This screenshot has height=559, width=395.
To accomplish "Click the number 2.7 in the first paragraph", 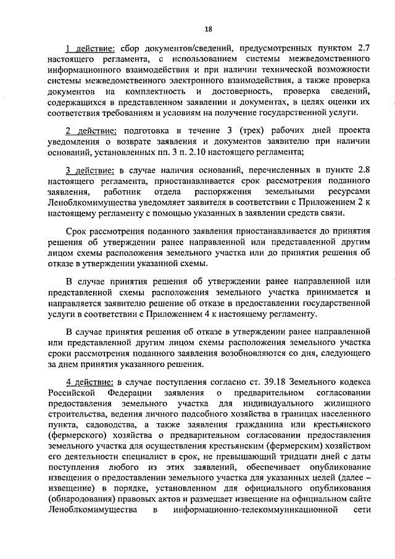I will (364, 48).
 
